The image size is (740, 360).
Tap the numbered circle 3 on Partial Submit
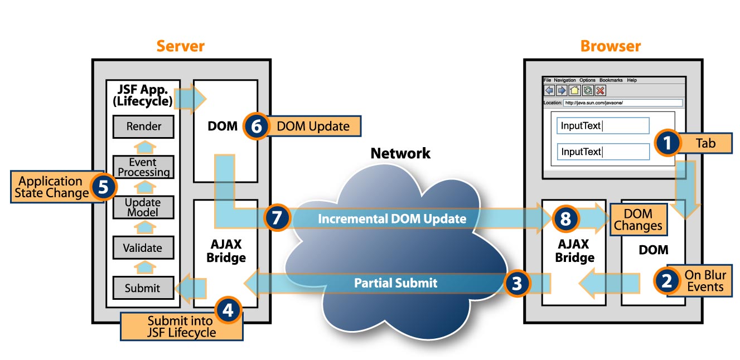517,283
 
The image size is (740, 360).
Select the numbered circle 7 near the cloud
277,218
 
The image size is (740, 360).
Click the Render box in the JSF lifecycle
143,127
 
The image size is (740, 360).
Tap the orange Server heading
180,46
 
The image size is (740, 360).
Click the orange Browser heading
611,46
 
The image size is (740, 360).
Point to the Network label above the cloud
400,153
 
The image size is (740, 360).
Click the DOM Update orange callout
312,127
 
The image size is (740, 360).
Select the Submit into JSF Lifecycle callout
181,327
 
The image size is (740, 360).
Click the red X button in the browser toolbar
600,90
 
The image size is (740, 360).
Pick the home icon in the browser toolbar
574,90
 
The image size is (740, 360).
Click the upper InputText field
603,126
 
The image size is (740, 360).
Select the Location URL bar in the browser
622,103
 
